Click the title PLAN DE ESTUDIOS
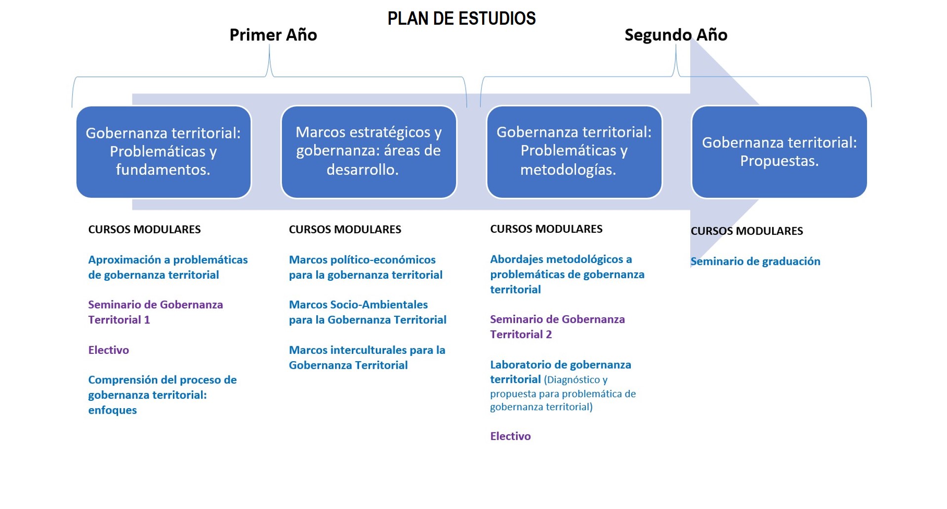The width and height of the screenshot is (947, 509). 461,18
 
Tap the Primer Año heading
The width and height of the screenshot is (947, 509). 273,35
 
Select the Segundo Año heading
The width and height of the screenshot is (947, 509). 676,35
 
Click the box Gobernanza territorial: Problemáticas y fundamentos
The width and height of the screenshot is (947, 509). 164,152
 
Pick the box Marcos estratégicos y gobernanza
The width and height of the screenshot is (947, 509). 369,152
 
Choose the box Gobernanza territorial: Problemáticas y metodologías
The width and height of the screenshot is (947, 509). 574,152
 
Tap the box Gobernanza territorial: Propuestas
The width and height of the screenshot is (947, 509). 779,152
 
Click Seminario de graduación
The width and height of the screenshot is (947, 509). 755,261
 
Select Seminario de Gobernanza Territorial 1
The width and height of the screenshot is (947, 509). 156,312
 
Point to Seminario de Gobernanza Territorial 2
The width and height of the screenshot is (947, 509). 557,327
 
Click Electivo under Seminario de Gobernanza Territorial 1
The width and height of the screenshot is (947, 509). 109,350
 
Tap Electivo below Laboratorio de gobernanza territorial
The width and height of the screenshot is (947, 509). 510,436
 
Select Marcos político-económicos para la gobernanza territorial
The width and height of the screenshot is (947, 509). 366,267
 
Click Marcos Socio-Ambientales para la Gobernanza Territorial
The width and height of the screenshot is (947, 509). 368,312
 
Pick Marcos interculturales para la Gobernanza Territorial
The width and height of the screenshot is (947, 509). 367,357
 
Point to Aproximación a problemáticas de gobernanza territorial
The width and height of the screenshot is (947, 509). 168,267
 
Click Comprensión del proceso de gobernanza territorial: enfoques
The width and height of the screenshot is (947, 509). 163,395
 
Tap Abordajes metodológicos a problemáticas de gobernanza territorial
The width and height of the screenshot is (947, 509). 567,274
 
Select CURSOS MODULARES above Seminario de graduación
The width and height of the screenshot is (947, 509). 746,231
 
